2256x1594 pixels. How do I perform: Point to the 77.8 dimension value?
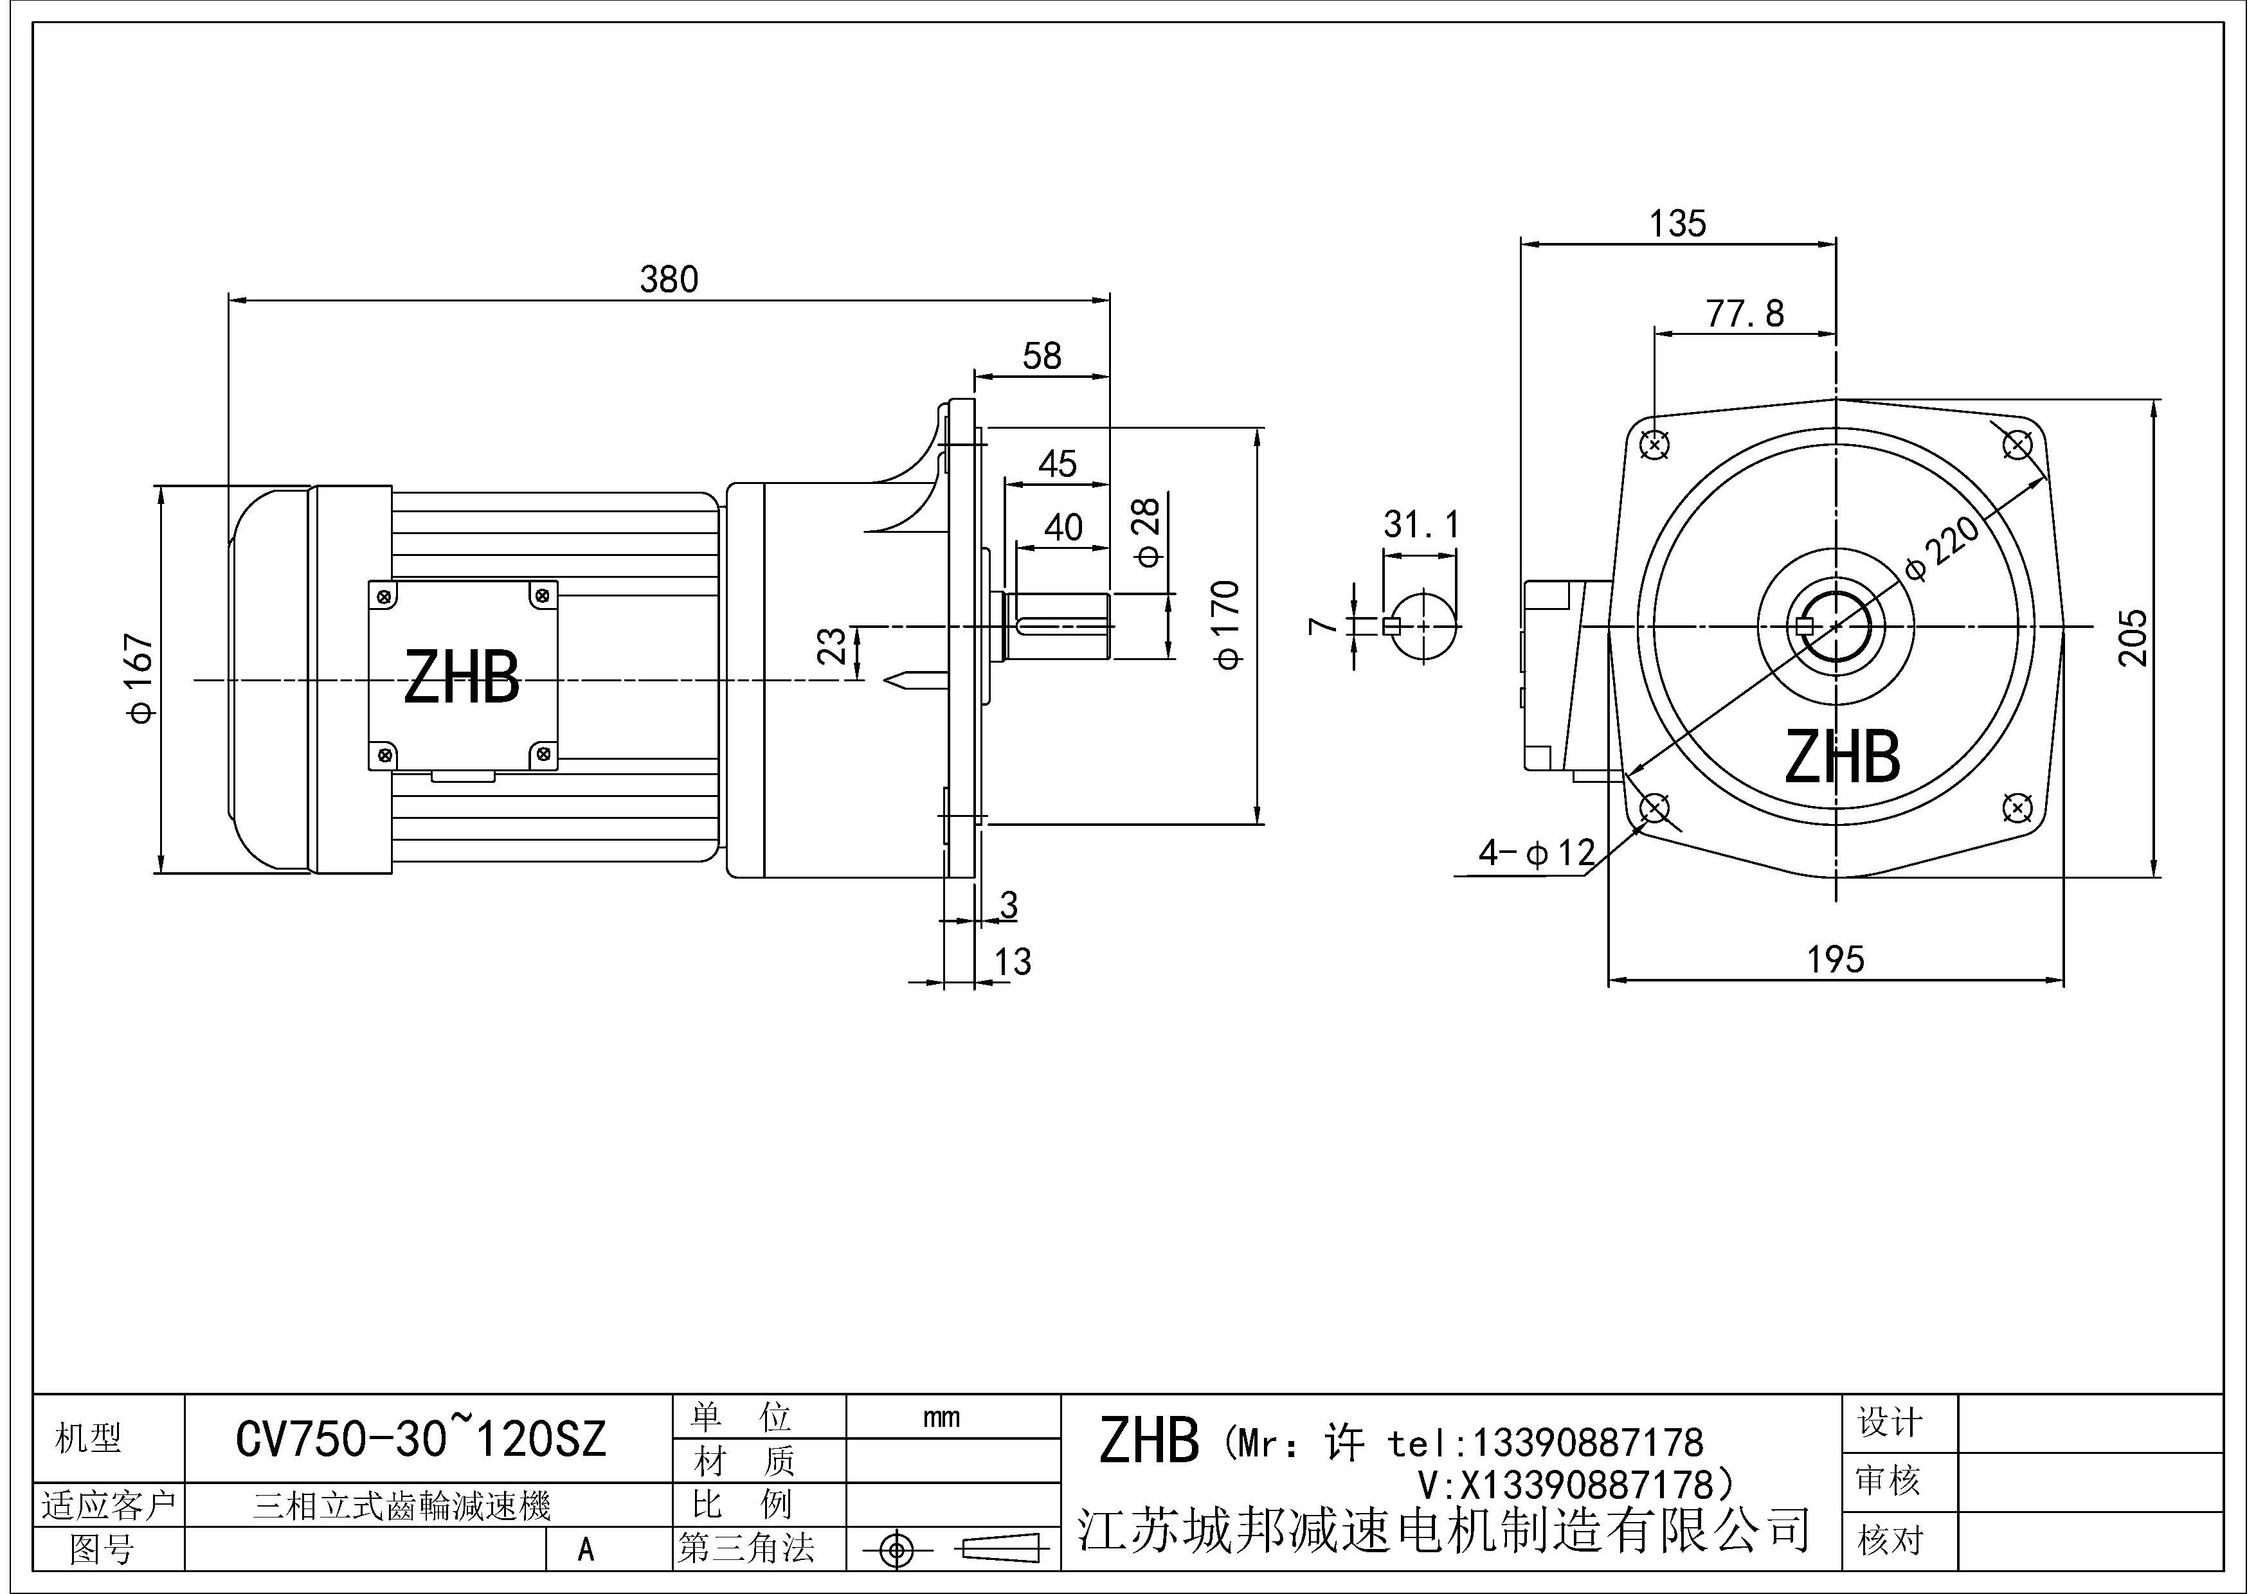coord(1744,314)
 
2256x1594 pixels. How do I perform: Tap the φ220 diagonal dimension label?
coord(1942,548)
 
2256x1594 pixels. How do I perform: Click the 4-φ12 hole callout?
coord(1537,852)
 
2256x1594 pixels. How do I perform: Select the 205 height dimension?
coord(2132,638)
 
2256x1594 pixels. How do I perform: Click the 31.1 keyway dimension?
coord(1421,525)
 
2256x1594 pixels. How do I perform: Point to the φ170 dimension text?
coord(1227,625)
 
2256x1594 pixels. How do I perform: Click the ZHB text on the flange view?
coord(1843,757)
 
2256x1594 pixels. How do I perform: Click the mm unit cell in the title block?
coord(941,1417)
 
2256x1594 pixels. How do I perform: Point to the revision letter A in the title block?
coord(586,1549)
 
